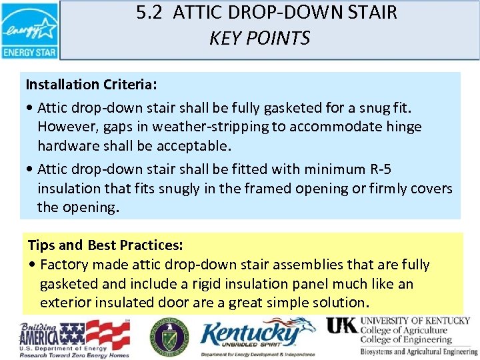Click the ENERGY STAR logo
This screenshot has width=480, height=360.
coord(30,31)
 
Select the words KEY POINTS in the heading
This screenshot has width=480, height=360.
coord(259,39)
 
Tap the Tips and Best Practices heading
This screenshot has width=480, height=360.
coord(105,245)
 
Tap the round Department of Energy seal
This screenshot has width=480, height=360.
coord(169,336)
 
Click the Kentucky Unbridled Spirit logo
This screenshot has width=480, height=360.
coord(257,337)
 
